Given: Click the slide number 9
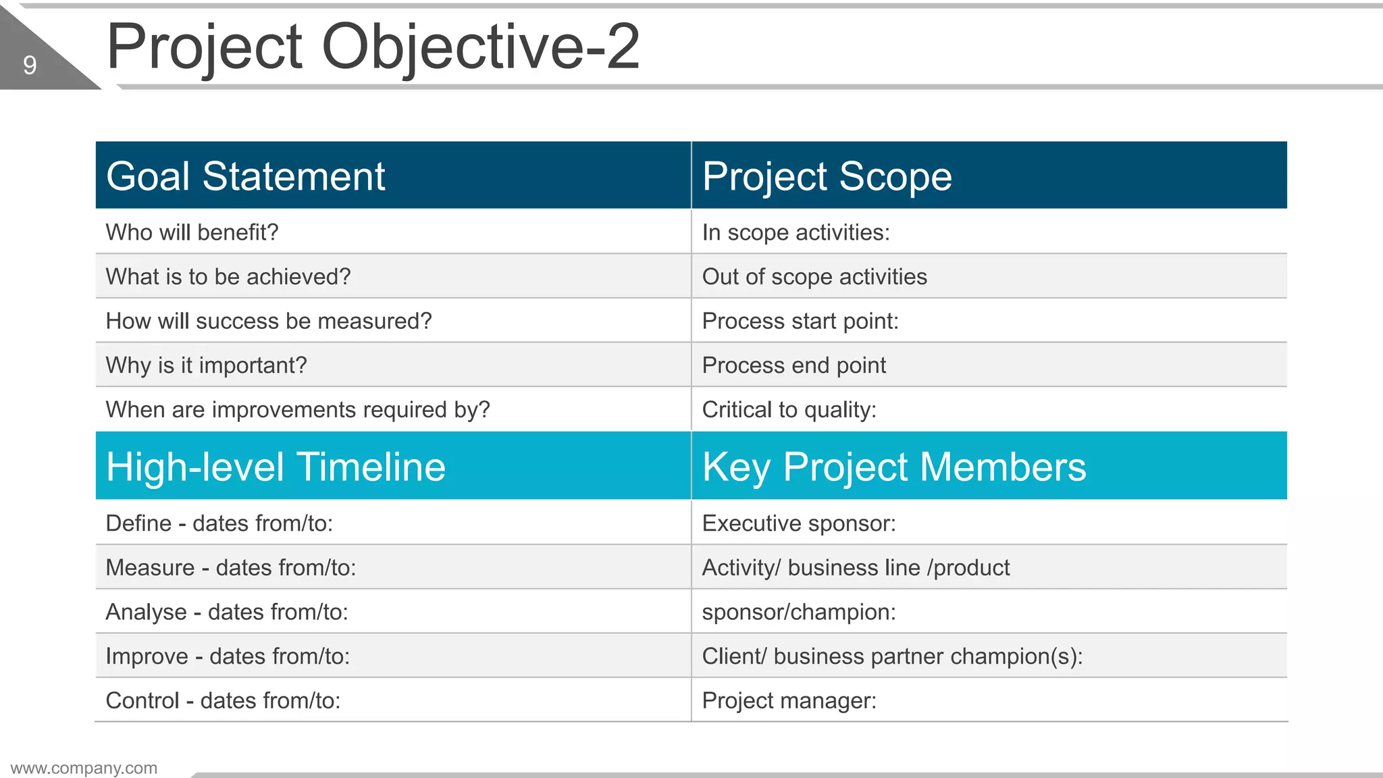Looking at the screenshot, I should (x=30, y=66).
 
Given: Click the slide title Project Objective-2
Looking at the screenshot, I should (x=373, y=47).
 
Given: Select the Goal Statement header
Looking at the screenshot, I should (x=245, y=176).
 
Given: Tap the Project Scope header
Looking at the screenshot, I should (x=827, y=176).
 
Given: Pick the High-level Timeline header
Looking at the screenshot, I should (x=276, y=467).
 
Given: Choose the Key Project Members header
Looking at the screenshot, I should (x=893, y=467).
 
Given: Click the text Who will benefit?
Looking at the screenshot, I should (x=192, y=232).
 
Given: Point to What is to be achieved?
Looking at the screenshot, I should (x=228, y=277).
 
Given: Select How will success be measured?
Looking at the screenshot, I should (x=268, y=321).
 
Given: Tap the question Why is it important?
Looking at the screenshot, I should (x=206, y=365).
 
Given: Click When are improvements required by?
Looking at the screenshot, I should (x=298, y=410).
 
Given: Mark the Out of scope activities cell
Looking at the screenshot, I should (x=814, y=277).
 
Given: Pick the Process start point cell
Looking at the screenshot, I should (x=800, y=321).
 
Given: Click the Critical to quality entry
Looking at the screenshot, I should (x=789, y=410).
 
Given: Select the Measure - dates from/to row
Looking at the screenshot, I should (x=230, y=567).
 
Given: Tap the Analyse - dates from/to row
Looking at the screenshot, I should (x=227, y=612).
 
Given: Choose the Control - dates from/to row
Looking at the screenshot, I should (x=223, y=700).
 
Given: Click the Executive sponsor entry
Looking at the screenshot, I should (x=799, y=523).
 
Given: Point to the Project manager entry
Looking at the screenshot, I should (x=789, y=700).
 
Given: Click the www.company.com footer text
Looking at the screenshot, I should (x=84, y=768).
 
